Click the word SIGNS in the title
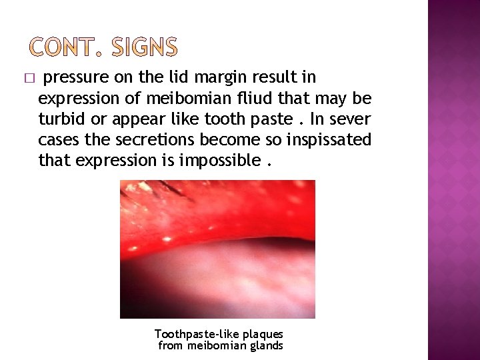click(145, 47)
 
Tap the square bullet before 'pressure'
click(27, 79)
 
